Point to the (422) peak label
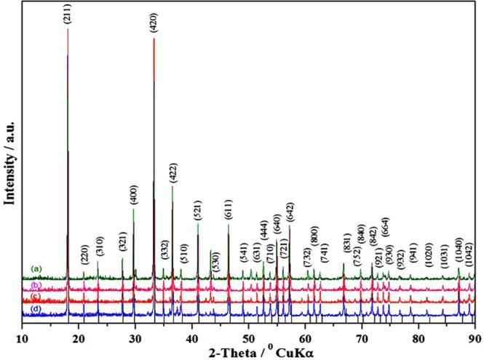[172, 173]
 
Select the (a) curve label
[36, 269]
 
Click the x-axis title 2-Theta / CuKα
[250, 346]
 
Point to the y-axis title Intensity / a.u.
[10, 157]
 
